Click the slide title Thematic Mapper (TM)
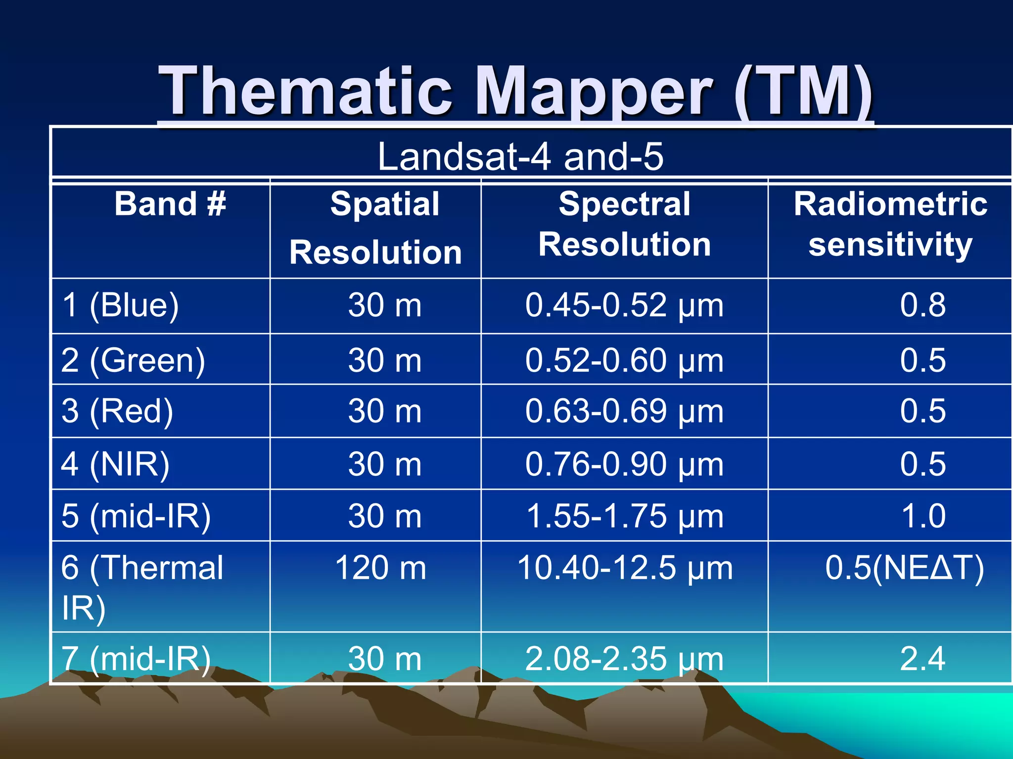pyautogui.click(x=515, y=92)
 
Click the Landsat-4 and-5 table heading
pyautogui.click(x=520, y=157)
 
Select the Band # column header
pyautogui.click(x=170, y=204)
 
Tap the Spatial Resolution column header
pyautogui.click(x=376, y=228)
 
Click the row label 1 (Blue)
pyautogui.click(x=120, y=305)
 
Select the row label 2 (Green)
pyautogui.click(x=133, y=360)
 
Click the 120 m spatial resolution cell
pyautogui.click(x=380, y=568)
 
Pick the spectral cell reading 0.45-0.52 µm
pyautogui.click(x=624, y=305)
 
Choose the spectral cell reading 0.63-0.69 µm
pyautogui.click(x=624, y=411)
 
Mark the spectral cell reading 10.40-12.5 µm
pyautogui.click(x=624, y=568)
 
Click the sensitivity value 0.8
pyautogui.click(x=922, y=305)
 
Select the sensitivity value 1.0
pyautogui.click(x=922, y=516)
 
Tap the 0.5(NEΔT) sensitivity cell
pyautogui.click(x=904, y=568)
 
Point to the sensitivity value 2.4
pyautogui.click(x=922, y=659)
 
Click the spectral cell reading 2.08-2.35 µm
pyautogui.click(x=624, y=659)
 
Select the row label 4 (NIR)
pyautogui.click(x=115, y=464)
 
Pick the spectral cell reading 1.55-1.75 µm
pyautogui.click(x=624, y=516)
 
